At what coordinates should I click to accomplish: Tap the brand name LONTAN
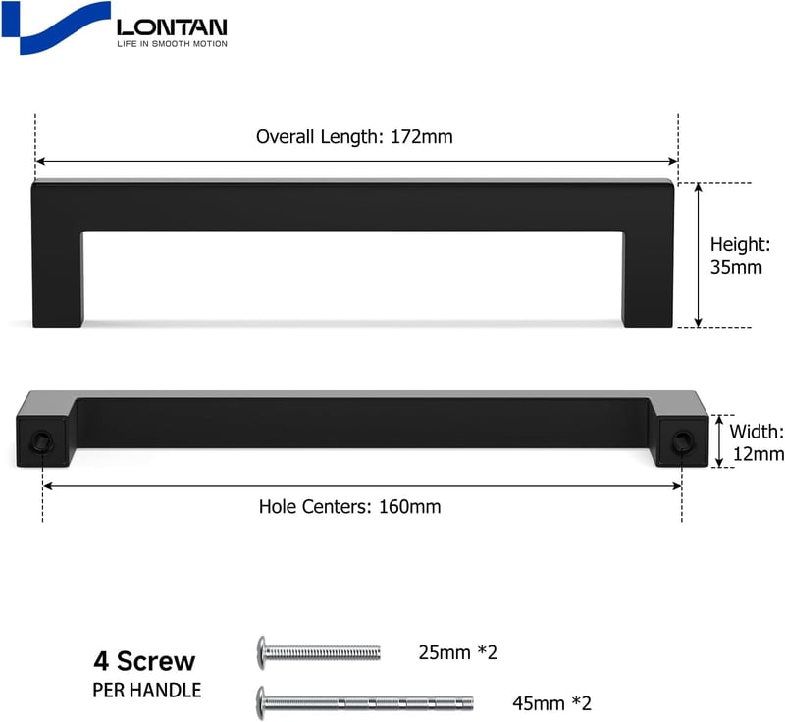[x=172, y=27]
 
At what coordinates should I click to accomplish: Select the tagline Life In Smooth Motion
[x=172, y=44]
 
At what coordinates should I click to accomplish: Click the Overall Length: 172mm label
[x=354, y=136]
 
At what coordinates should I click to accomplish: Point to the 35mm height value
[x=736, y=267]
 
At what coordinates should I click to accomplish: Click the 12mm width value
[x=758, y=454]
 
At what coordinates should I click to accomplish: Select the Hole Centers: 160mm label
[x=349, y=507]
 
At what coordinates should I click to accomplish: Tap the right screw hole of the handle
[x=682, y=441]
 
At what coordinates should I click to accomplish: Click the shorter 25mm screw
[x=318, y=652]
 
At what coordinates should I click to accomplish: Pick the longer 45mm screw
[x=365, y=703]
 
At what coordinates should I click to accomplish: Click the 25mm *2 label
[x=457, y=652]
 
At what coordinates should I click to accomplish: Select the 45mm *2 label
[x=551, y=703]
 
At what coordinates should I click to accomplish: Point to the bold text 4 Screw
[x=144, y=661]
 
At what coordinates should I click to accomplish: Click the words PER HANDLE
[x=146, y=691]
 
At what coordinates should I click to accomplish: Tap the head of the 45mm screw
[x=261, y=703]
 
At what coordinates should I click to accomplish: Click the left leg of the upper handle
[x=58, y=279]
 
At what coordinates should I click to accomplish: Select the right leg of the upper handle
[x=648, y=279]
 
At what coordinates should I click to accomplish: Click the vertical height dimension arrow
[x=699, y=255]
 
